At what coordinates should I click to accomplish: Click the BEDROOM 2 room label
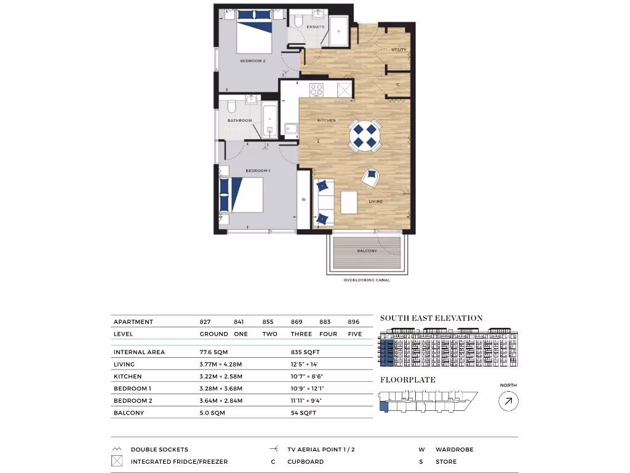[x=252, y=61]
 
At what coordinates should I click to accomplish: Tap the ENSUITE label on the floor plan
[x=316, y=27]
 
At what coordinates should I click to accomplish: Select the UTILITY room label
[x=399, y=50]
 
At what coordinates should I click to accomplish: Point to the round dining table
[x=365, y=135]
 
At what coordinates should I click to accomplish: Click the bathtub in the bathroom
[x=269, y=121]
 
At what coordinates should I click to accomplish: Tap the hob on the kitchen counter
[x=316, y=89]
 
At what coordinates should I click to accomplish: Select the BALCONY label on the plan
[x=367, y=251]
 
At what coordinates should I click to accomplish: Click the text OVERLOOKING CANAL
[x=367, y=280]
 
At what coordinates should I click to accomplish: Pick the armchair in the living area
[x=370, y=177]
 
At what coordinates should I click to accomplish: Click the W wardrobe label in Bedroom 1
[x=303, y=200]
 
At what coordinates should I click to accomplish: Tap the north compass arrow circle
[x=508, y=402]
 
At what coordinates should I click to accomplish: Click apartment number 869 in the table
[x=297, y=321]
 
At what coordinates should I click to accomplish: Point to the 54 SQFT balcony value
[x=303, y=413]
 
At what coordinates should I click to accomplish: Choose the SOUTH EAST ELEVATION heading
[x=431, y=318]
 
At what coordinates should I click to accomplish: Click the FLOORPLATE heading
[x=408, y=380]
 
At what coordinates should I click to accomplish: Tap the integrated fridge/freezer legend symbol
[x=117, y=461]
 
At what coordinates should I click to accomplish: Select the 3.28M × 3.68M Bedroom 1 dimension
[x=221, y=389]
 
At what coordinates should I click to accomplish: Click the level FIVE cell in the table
[x=354, y=334]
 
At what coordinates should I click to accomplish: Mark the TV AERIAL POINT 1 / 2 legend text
[x=321, y=450]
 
